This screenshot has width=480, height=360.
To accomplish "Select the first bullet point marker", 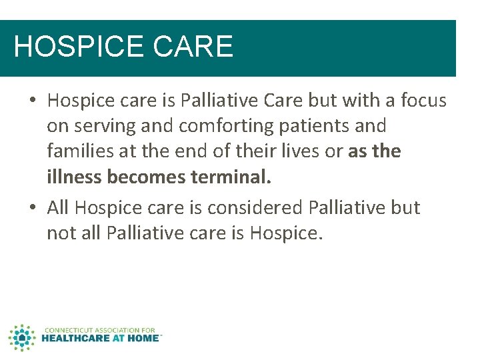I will click(33, 101).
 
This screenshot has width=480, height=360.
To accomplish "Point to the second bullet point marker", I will click(33, 208).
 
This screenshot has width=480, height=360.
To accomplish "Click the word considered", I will click(255, 208).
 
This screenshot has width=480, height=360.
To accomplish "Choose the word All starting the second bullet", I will click(59, 208).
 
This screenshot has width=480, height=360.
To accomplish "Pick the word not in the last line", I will click(60, 233).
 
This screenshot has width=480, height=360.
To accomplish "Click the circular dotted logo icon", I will click(22, 337).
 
